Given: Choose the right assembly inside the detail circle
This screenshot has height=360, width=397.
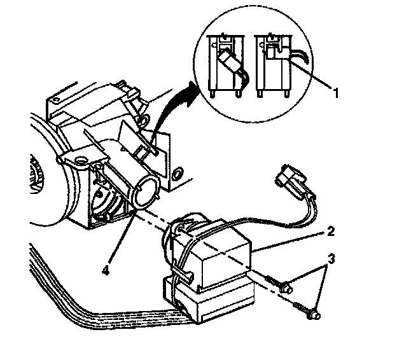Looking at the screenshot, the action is (x=275, y=64).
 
